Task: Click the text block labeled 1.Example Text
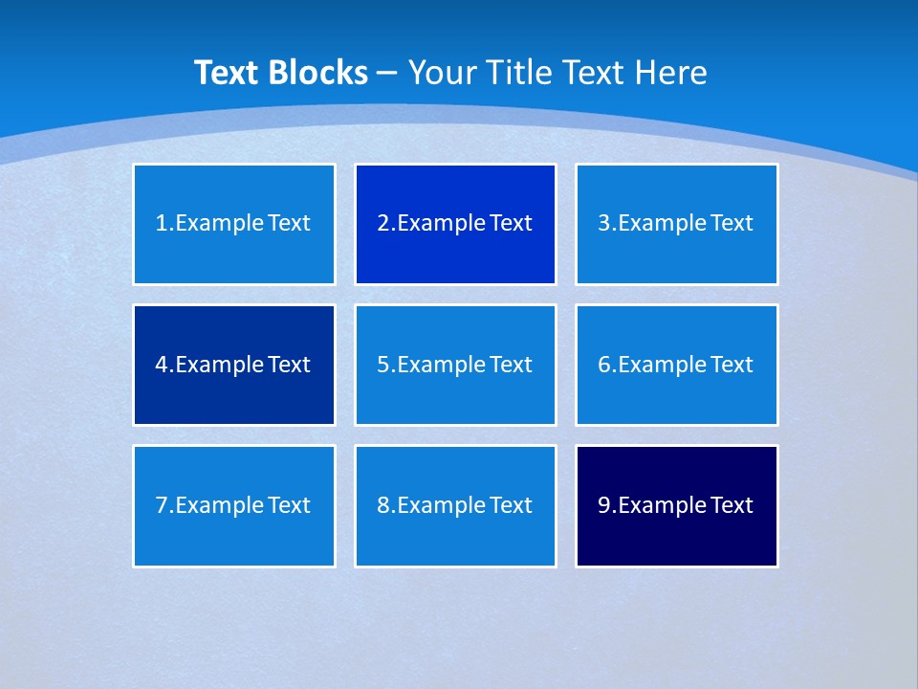click(234, 224)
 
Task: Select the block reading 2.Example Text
click(455, 224)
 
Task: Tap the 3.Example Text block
click(676, 224)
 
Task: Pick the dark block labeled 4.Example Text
click(234, 365)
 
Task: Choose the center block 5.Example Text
click(455, 365)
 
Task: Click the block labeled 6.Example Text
click(676, 365)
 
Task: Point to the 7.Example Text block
click(234, 505)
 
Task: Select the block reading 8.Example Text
click(455, 505)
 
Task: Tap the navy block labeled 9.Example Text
click(676, 505)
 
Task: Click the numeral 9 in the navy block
click(604, 505)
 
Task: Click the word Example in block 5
click(440, 365)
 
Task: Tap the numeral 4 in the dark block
click(162, 365)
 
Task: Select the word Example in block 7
click(219, 505)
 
